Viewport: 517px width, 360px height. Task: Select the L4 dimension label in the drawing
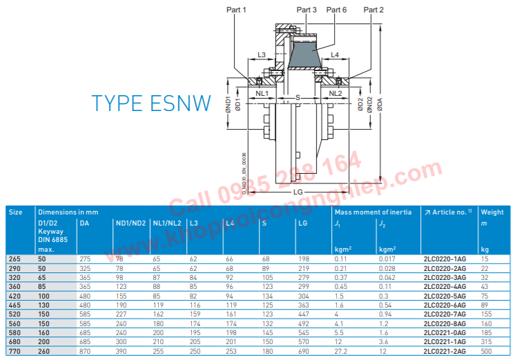click(x=335, y=53)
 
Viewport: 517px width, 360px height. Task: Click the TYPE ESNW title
click(x=151, y=103)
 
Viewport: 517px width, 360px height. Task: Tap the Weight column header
click(x=492, y=212)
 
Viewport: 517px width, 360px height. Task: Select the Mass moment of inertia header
click(x=373, y=212)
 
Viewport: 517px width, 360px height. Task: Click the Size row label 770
click(x=14, y=351)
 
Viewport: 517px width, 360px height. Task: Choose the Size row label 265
click(x=14, y=258)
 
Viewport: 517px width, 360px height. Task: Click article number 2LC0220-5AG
click(x=445, y=295)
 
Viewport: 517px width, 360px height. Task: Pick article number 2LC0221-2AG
click(x=445, y=351)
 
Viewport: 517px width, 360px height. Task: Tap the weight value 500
click(x=487, y=351)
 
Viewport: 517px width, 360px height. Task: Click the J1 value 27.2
click(x=341, y=351)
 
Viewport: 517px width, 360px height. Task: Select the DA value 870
click(x=86, y=351)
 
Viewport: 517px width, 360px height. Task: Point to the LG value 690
click(x=303, y=351)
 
